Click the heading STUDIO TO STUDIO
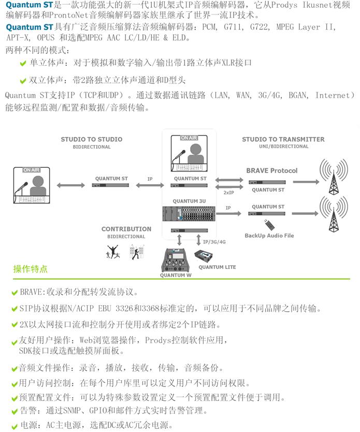[x=92, y=139]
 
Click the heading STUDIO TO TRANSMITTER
[x=283, y=139]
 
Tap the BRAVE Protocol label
[x=271, y=170]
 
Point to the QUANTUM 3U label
[x=189, y=201]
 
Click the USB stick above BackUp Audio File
[x=268, y=224]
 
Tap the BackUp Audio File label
[x=269, y=236]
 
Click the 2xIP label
[x=228, y=192]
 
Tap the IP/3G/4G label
[x=214, y=241]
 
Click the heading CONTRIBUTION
[x=126, y=229]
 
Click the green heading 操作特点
[x=31, y=269]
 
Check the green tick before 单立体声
[x=23, y=63]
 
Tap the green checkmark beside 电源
[x=15, y=425]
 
